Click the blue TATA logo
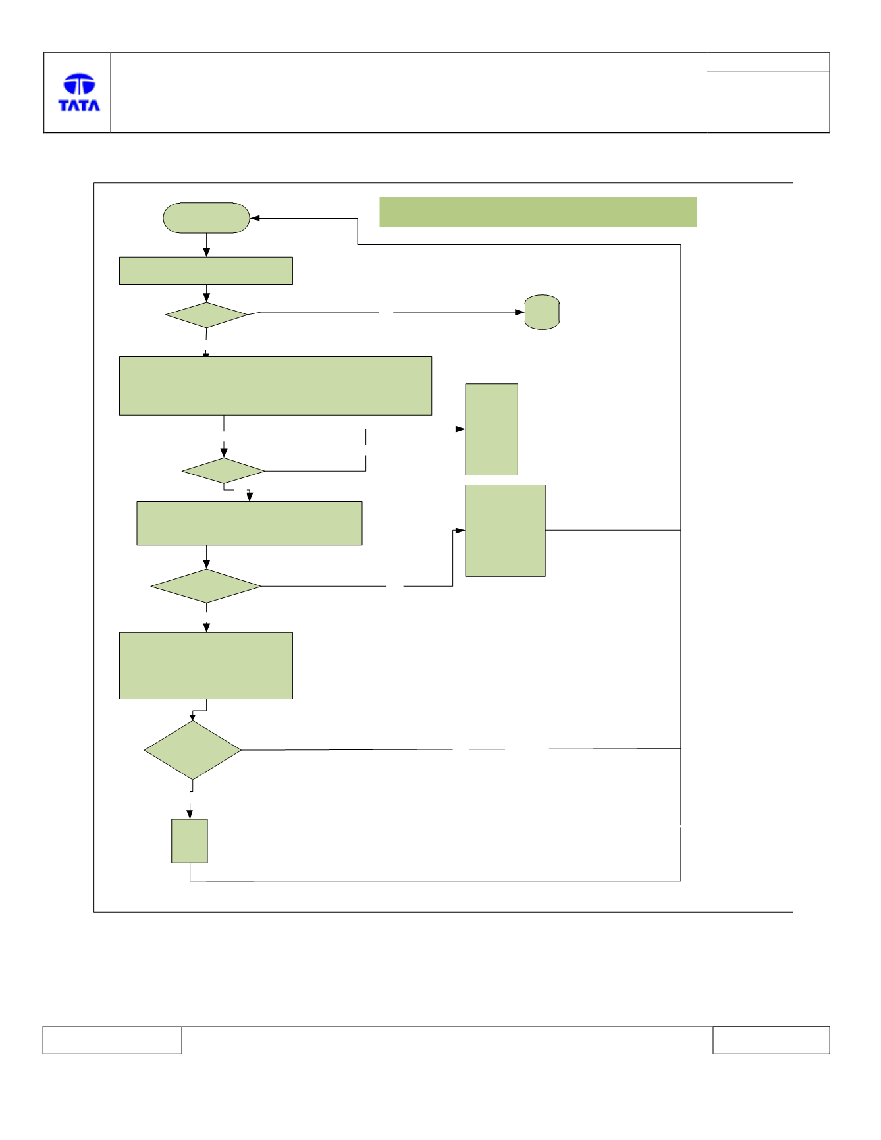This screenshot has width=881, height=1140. (x=79, y=92)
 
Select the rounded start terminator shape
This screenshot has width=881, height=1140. (x=206, y=217)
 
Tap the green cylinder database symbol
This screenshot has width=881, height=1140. (x=542, y=312)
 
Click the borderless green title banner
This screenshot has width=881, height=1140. (x=538, y=211)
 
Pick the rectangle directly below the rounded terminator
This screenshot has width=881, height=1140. (x=206, y=271)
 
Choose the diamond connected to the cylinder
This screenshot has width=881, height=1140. (x=207, y=315)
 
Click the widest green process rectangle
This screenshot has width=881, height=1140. (x=275, y=386)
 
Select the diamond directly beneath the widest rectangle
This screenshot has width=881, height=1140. (x=224, y=471)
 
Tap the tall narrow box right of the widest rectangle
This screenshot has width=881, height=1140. (x=492, y=429)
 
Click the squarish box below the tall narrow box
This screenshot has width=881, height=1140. (x=506, y=531)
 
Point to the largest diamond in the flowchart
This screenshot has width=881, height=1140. (x=193, y=750)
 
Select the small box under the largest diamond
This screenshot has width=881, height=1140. (x=190, y=841)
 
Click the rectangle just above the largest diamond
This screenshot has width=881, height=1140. (x=206, y=666)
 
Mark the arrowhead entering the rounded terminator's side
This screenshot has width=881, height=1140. (x=255, y=218)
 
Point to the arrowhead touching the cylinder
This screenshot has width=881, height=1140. (x=520, y=312)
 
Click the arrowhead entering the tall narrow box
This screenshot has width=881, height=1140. (x=461, y=429)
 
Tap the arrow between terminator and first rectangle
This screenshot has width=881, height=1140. (x=207, y=245)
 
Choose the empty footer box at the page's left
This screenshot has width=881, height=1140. (x=112, y=1040)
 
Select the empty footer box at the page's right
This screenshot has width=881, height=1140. (x=771, y=1040)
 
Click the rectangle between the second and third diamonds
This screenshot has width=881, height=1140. (x=250, y=524)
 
